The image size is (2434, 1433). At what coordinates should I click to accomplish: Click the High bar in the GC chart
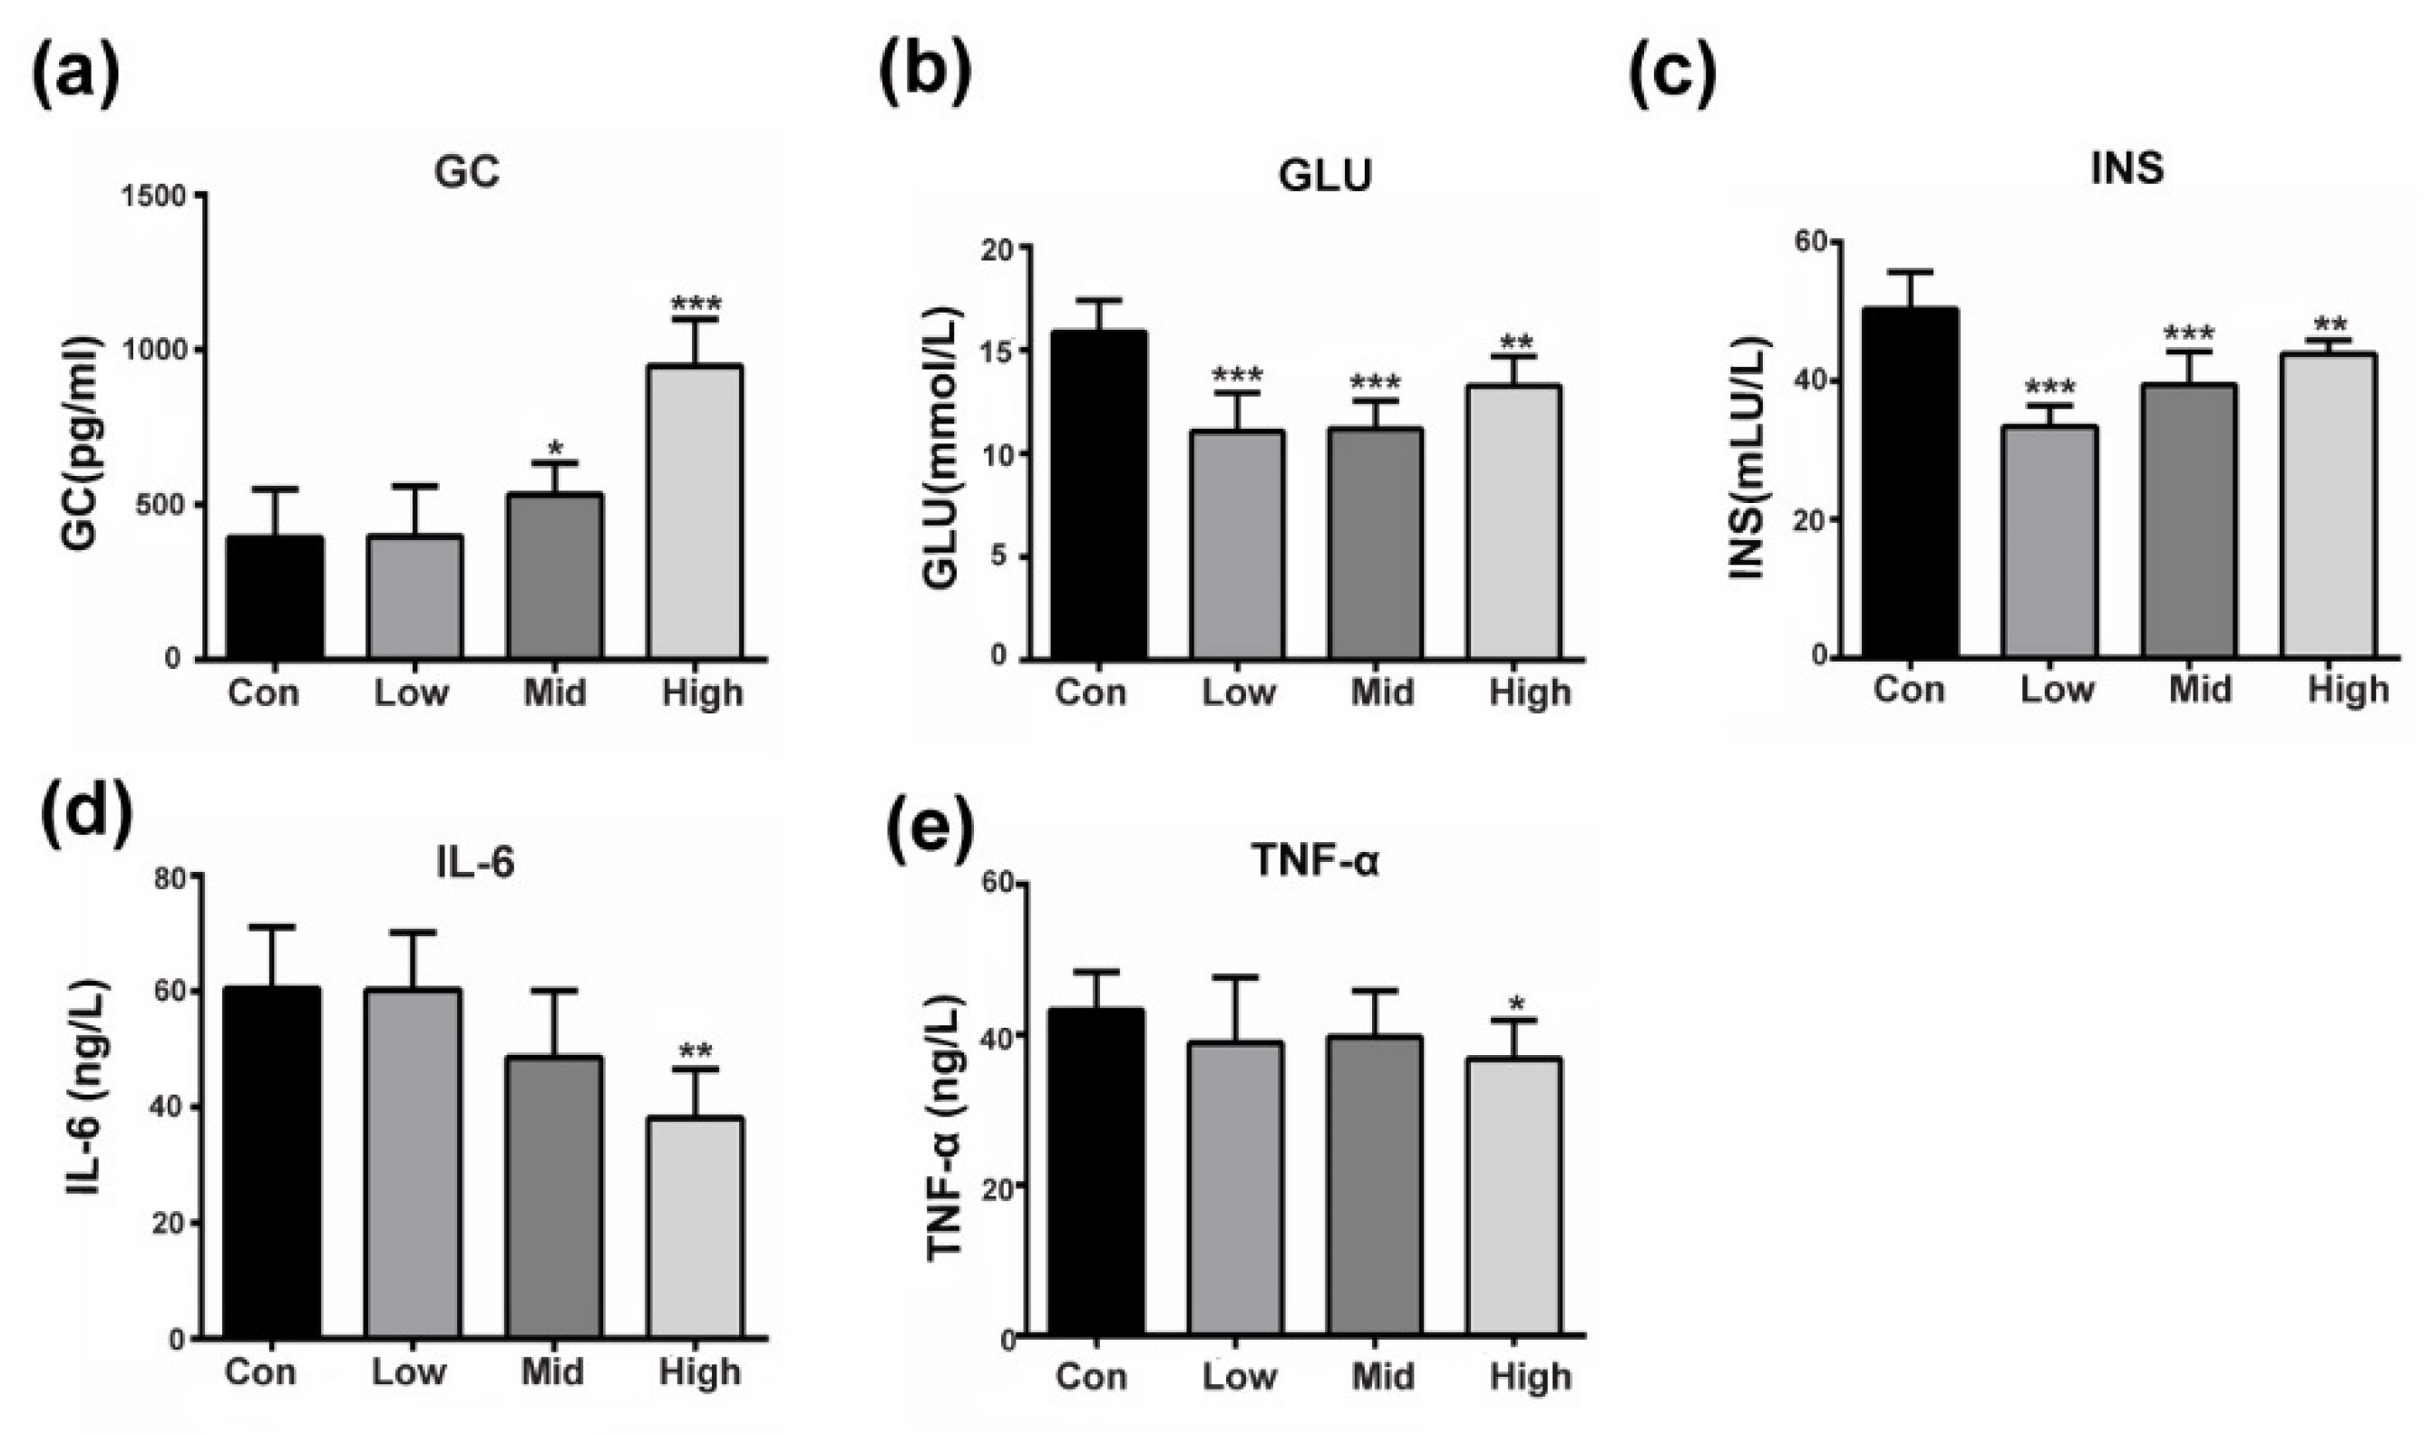[695, 512]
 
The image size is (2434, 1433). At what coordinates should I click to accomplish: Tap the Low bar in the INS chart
[2055, 541]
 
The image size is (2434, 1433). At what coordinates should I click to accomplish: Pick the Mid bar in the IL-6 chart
[555, 1197]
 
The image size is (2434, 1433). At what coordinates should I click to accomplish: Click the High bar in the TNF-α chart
[1514, 1197]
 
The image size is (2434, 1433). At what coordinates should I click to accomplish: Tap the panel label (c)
[1673, 73]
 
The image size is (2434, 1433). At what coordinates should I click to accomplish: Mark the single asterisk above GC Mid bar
[554, 449]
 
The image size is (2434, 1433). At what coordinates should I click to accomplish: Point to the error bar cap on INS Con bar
[1909, 271]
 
